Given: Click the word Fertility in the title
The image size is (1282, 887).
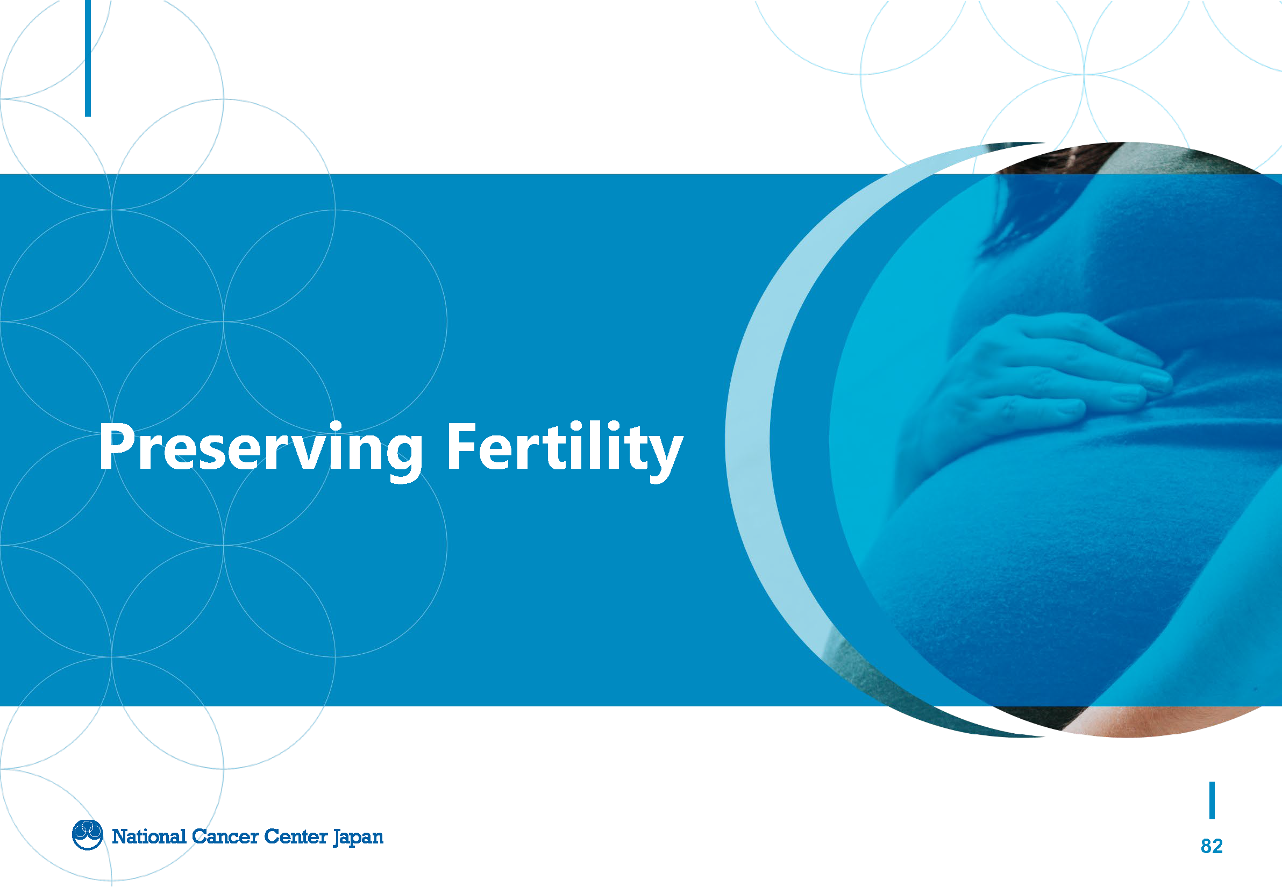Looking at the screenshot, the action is pos(565,450).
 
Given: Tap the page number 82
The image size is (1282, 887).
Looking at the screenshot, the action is pos(1212,846).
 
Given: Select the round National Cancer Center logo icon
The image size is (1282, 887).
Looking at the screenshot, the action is pos(87,835).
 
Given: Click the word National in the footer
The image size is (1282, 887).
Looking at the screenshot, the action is pos(149,836).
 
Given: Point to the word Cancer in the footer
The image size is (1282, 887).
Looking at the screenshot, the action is pos(225,836).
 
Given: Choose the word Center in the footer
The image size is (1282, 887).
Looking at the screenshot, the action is pos(296,836).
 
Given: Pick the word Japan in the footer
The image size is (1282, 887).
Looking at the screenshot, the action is pos(358,838).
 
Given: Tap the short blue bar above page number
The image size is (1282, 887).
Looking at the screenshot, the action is pos(1212,800).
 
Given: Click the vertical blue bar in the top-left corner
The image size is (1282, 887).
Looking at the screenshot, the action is pos(88,58).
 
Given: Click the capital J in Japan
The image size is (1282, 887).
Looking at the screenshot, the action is pos(337,838).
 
